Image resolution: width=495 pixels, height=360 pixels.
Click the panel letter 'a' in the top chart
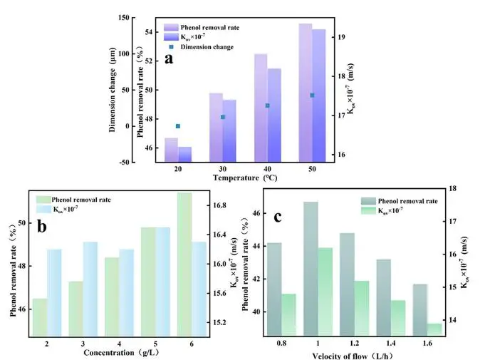[x=170, y=59]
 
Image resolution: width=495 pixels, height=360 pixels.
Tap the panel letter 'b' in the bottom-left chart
[x=42, y=227]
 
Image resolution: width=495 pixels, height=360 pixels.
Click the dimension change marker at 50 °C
[x=312, y=95]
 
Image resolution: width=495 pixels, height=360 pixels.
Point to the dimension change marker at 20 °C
[x=178, y=126]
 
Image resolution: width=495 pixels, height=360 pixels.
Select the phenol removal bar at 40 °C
[x=261, y=107]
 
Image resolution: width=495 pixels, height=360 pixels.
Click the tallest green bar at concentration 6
[x=184, y=264]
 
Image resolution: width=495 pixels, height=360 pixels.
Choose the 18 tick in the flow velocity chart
[x=464, y=188]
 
